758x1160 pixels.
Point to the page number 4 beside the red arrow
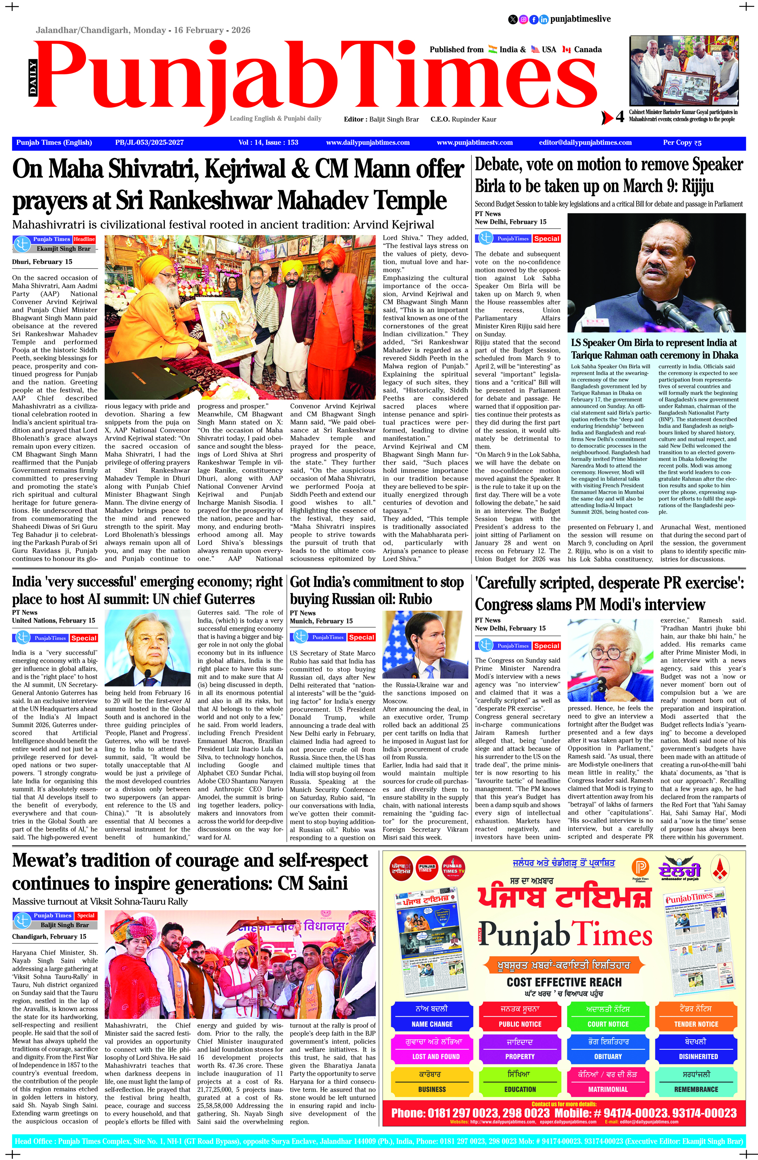click(x=620, y=118)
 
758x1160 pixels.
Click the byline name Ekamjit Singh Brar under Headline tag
click(x=63, y=249)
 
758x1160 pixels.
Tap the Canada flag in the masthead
click(x=566, y=49)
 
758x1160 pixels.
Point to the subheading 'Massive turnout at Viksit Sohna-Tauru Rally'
click(x=100, y=901)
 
